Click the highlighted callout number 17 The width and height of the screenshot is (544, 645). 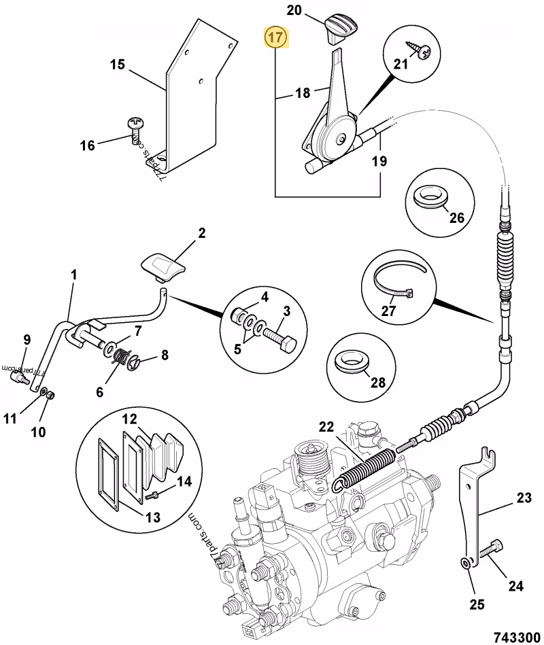click(277, 37)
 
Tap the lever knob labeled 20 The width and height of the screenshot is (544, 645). click(341, 28)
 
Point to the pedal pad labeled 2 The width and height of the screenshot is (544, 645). click(164, 268)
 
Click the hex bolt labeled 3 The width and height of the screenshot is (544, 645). click(279, 341)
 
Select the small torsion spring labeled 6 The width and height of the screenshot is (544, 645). click(120, 356)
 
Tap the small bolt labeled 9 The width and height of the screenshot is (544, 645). click(19, 377)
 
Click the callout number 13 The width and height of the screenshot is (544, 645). click(153, 517)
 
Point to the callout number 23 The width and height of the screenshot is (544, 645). click(524, 498)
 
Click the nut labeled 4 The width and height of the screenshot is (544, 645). click(238, 316)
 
